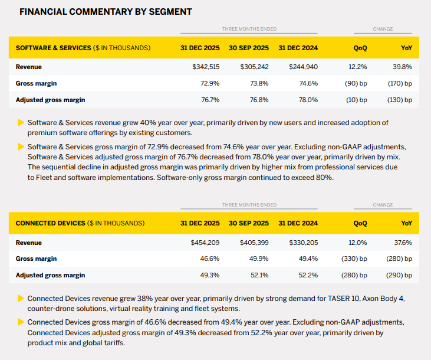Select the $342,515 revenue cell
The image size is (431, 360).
206,67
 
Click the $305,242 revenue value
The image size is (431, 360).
255,67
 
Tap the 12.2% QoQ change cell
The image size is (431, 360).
358,67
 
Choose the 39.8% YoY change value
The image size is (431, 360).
402,67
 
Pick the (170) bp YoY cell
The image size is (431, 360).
400,83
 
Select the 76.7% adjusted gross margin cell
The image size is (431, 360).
210,100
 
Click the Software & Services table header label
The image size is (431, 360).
83,48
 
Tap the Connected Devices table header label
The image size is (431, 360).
80,223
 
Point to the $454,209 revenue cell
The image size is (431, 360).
205,242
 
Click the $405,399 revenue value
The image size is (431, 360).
254,242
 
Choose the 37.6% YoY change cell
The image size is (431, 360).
403,242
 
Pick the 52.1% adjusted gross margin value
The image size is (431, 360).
259,275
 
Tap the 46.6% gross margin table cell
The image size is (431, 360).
210,258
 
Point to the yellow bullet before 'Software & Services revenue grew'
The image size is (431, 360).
21,123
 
